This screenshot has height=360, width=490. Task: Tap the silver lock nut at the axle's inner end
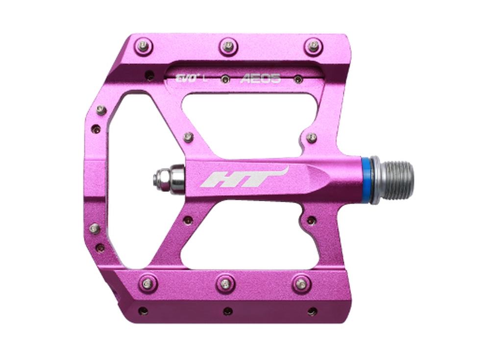point(168,179)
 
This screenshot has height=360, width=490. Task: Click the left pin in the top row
point(143,47)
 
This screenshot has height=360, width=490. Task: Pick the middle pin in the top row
point(228,47)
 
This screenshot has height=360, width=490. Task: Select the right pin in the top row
point(312,47)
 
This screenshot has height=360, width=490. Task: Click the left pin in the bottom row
point(146,283)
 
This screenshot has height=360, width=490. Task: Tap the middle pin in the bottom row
point(225,283)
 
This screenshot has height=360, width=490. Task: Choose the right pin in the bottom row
point(302,283)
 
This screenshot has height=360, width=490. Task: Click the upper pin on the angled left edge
point(101,110)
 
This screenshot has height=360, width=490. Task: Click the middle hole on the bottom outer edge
point(228,311)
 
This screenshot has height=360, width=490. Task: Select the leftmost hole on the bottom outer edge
point(143,311)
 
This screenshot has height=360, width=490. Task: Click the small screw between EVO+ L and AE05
point(225,79)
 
